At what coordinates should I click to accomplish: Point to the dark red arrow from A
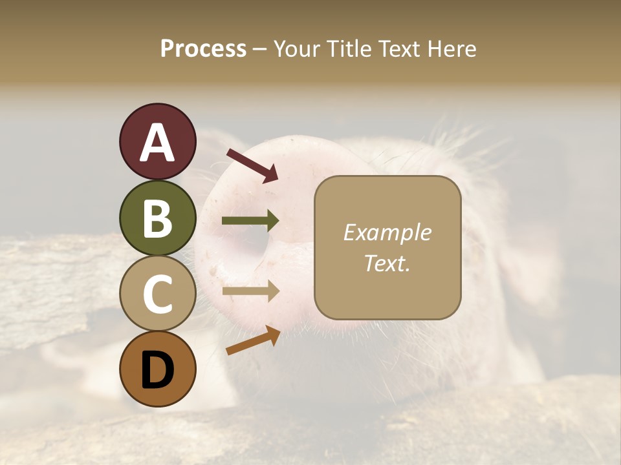tap(252, 165)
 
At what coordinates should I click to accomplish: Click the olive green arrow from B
tap(250, 221)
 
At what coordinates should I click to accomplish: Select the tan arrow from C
tap(250, 291)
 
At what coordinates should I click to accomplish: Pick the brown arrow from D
tap(252, 340)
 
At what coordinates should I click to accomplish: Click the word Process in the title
tap(203, 49)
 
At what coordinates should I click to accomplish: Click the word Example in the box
tap(387, 232)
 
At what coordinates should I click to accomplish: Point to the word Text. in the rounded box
tap(387, 263)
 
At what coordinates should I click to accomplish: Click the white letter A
tap(158, 143)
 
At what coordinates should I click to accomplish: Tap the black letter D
tap(158, 371)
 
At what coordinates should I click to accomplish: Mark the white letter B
tap(158, 219)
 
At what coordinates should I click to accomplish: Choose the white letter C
tap(158, 294)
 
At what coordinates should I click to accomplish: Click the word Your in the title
tap(297, 49)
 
